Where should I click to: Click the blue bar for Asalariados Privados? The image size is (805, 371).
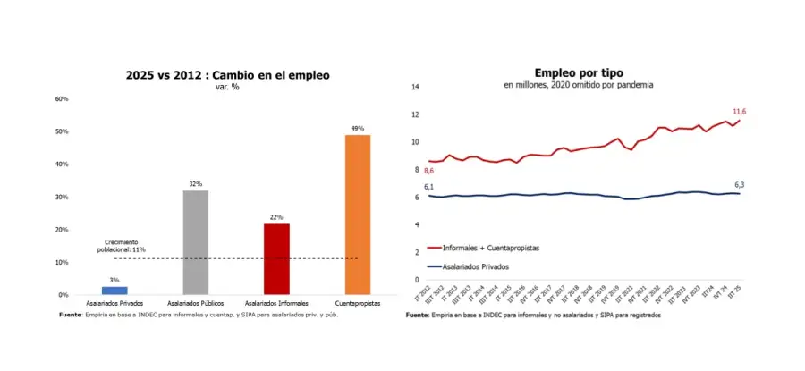[x=114, y=291]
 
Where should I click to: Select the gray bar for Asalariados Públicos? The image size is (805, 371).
[x=196, y=242]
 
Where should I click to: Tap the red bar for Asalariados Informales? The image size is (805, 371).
[x=276, y=259]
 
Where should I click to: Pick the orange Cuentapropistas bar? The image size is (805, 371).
[x=358, y=215]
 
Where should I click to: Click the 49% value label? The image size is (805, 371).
[x=358, y=129]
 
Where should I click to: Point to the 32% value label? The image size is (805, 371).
[x=195, y=184]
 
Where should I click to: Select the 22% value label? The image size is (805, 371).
[x=276, y=217]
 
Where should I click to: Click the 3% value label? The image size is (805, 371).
[x=114, y=281]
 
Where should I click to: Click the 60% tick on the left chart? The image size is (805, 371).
[x=62, y=98]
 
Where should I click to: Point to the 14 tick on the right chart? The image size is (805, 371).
[x=414, y=87]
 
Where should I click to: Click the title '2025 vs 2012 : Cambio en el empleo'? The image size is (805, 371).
[x=228, y=76]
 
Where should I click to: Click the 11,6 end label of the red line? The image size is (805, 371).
[x=740, y=112]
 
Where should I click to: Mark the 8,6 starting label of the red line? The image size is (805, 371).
[x=429, y=171]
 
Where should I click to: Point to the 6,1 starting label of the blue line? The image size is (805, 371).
[x=429, y=186]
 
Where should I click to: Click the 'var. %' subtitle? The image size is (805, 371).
[x=228, y=87]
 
